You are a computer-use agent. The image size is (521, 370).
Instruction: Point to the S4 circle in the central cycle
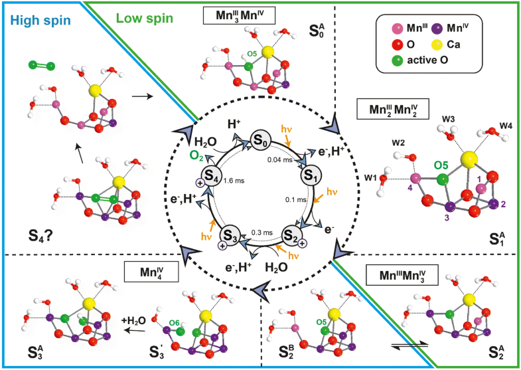coord(212,176)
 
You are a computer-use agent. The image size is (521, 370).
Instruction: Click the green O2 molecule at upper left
coord(42,66)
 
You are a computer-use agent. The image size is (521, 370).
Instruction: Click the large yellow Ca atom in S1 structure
coord(469,158)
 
